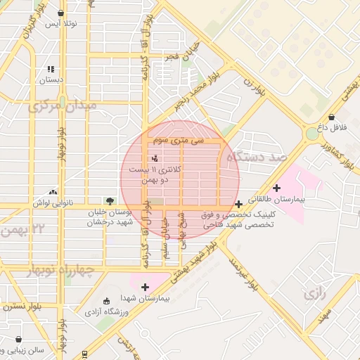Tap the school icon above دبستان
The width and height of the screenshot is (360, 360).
tap(50, 69)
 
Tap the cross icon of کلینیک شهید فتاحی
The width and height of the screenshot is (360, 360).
tap(239, 204)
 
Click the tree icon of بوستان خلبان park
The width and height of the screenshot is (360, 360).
tap(108, 201)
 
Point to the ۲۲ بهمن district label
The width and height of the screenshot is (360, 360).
tap(28, 229)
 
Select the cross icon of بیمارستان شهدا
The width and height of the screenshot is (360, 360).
tap(145, 287)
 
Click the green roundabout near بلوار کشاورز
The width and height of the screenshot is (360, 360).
tap(311, 134)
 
